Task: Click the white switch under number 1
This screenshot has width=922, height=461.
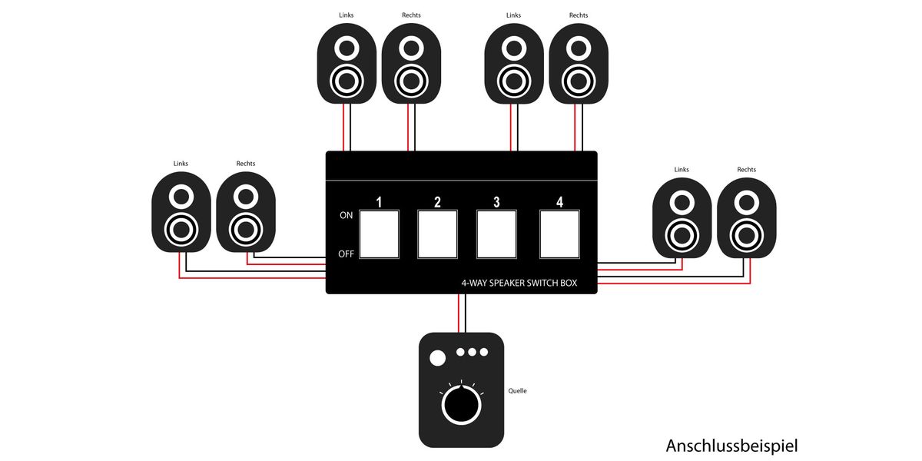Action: click(380, 234)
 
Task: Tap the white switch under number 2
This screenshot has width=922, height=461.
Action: click(438, 234)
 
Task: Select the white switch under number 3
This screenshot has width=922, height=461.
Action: click(496, 234)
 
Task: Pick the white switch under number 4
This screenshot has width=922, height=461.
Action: click(559, 234)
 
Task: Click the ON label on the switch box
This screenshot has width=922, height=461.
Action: click(347, 216)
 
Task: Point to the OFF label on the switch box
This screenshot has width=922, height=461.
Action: click(347, 254)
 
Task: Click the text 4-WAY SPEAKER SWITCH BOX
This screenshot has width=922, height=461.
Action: click(519, 283)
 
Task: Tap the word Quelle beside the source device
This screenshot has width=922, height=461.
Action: click(518, 391)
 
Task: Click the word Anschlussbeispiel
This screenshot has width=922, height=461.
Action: click(732, 446)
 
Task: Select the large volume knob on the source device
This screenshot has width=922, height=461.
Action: click(460, 405)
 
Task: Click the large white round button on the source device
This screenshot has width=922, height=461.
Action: click(437, 358)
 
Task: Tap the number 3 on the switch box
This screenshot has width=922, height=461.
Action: click(496, 202)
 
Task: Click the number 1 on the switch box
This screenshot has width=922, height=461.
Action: click(379, 202)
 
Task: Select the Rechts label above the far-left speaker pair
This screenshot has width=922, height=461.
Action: click(246, 164)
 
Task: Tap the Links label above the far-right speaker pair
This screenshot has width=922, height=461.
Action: click(682, 170)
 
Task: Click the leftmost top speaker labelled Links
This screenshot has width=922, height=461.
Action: click(347, 63)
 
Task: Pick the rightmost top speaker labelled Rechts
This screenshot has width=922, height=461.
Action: click(579, 63)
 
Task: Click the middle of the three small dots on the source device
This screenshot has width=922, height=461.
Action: click(472, 352)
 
